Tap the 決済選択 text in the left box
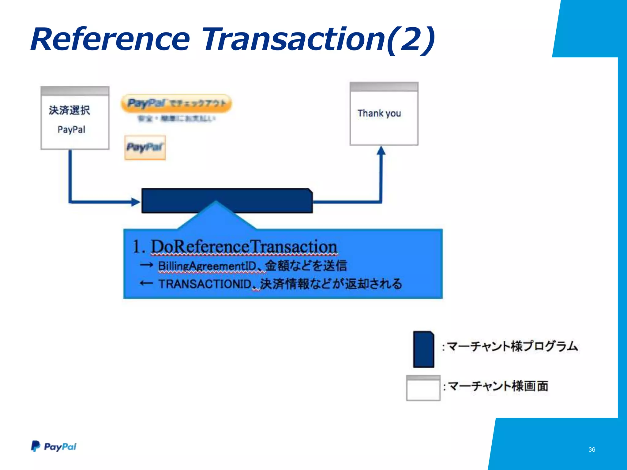tap(69, 110)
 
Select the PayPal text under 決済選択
tap(71, 129)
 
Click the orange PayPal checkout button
tap(176, 103)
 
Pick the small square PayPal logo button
tap(145, 147)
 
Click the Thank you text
tap(379, 113)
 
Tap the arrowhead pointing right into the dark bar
tap(135, 202)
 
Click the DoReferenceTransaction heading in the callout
tap(244, 247)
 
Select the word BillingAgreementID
tap(207, 266)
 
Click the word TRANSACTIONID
tap(205, 284)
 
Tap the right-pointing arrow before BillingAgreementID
tap(146, 265)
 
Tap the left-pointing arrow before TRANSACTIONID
tap(146, 283)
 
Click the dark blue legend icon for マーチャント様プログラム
tap(423, 349)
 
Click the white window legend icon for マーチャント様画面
tap(423, 388)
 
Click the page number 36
tap(591, 449)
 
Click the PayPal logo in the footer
tap(54, 446)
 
